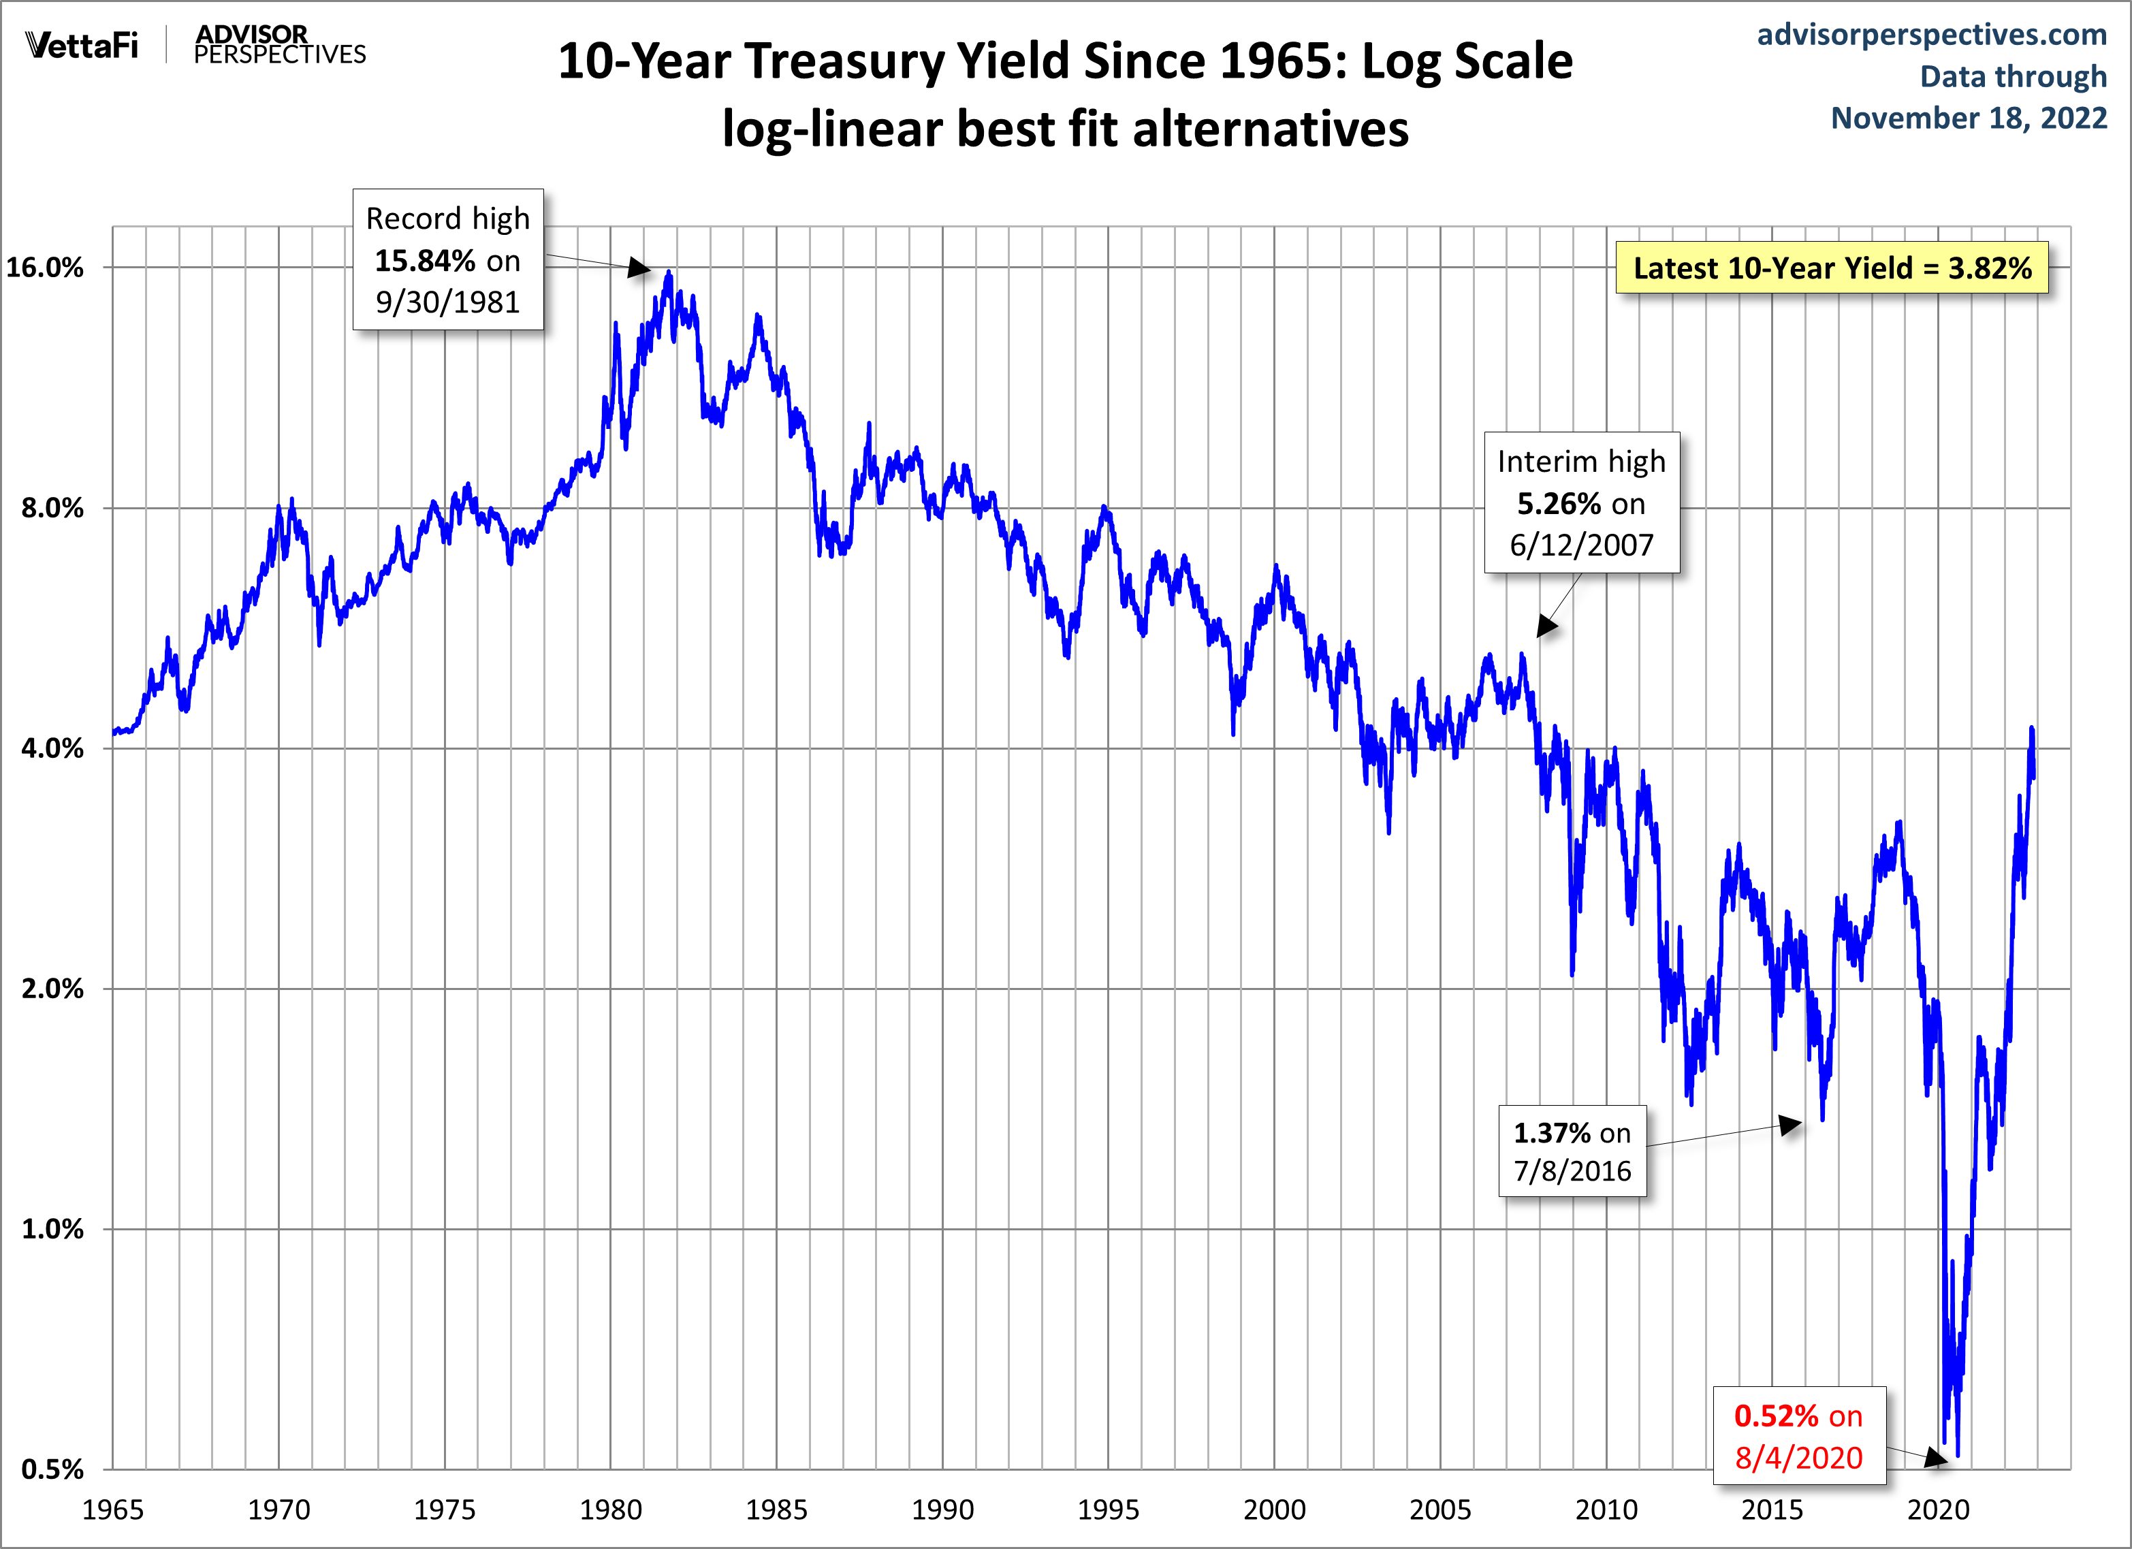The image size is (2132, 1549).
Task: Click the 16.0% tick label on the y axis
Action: point(44,268)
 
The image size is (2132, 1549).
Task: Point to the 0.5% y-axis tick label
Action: point(52,1469)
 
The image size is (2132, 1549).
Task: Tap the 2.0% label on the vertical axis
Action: point(52,989)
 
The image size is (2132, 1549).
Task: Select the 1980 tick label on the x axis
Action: point(610,1510)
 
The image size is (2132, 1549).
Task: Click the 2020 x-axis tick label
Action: point(1937,1510)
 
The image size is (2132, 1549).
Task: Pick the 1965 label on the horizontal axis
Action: point(113,1510)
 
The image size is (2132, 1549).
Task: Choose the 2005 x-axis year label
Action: point(1440,1510)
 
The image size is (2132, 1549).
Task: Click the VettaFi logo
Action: point(82,44)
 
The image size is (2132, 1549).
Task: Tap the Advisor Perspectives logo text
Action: point(279,44)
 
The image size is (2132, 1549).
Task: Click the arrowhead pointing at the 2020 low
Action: point(1937,1458)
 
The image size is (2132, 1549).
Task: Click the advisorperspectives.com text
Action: point(1932,34)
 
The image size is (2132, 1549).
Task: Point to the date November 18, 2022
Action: point(1969,118)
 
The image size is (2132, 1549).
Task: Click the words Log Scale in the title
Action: point(1467,62)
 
